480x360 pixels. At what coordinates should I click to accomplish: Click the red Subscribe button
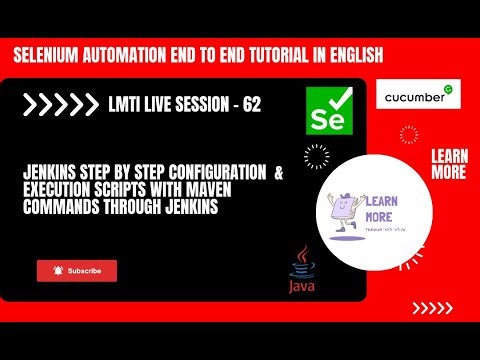pos(77,271)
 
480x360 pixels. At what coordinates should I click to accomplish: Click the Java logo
pos(301,272)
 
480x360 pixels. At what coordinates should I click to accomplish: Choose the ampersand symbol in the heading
pos(278,172)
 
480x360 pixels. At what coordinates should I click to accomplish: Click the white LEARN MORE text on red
pos(447,164)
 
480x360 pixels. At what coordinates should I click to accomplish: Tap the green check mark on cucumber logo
pos(449,90)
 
